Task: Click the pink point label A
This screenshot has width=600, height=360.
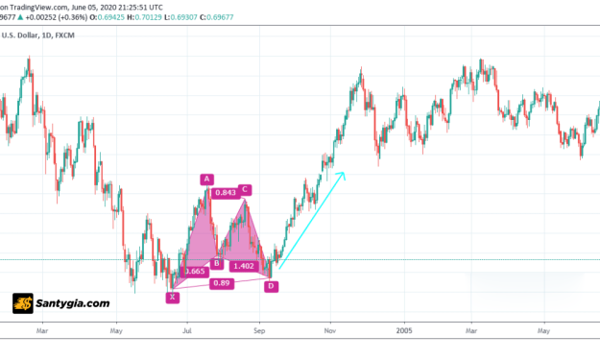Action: click(x=205, y=179)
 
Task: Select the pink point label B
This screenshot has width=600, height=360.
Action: click(x=217, y=263)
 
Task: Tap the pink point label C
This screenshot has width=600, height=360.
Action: click(x=246, y=189)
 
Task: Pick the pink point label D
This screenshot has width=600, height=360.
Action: click(x=271, y=286)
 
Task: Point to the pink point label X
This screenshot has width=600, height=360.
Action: click(x=172, y=297)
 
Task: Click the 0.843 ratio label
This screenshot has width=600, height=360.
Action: click(x=225, y=193)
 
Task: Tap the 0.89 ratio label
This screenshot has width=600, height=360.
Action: click(x=222, y=283)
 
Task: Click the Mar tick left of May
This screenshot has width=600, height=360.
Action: click(x=41, y=329)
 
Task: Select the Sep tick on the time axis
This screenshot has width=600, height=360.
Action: click(x=259, y=329)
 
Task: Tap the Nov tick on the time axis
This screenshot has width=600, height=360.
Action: click(x=330, y=329)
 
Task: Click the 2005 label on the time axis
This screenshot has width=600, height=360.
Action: click(x=403, y=329)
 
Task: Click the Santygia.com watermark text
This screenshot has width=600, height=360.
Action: click(x=73, y=303)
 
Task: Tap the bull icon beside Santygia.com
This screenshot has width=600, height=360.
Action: click(x=23, y=303)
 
